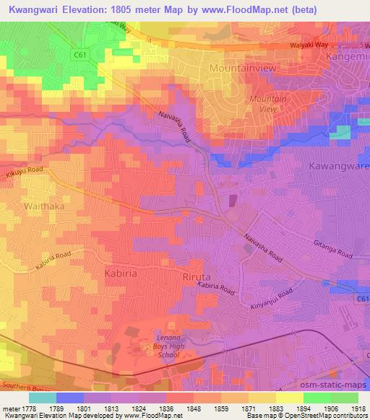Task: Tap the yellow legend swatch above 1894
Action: [x=289, y=398]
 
